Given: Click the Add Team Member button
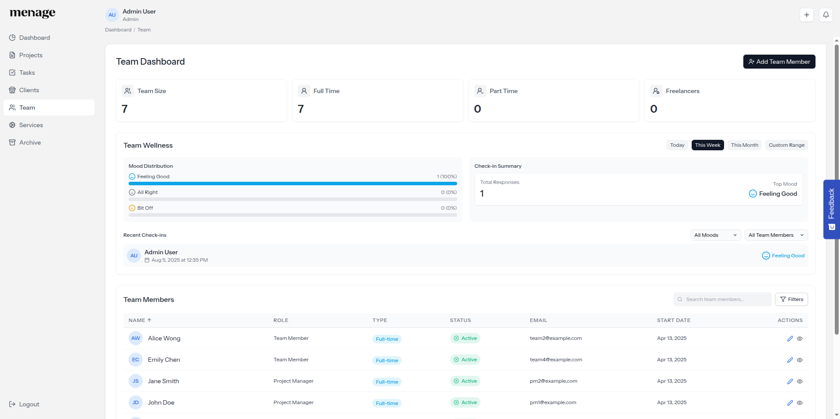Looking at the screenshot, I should click(779, 62).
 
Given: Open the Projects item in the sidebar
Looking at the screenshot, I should click(31, 55).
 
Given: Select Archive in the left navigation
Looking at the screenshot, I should click(30, 142).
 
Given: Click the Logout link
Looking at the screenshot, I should click(29, 404).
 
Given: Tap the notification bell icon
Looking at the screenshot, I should click(826, 15).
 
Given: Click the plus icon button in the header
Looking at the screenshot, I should click(806, 15).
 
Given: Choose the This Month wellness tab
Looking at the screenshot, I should click(744, 145).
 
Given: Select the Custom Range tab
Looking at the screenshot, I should click(786, 145).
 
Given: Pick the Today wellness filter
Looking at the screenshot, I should click(677, 145).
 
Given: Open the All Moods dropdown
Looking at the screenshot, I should click(715, 235).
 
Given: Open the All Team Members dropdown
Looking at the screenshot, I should click(776, 235).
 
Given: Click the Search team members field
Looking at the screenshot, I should click(724, 299).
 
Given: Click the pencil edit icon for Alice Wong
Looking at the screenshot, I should click(790, 339).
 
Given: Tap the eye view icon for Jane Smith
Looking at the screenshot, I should click(799, 381).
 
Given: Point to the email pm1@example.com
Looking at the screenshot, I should click(553, 402).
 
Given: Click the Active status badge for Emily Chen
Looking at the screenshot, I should click(465, 360).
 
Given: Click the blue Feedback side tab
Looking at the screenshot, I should click(831, 209).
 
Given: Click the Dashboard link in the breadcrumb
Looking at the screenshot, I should click(118, 30).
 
